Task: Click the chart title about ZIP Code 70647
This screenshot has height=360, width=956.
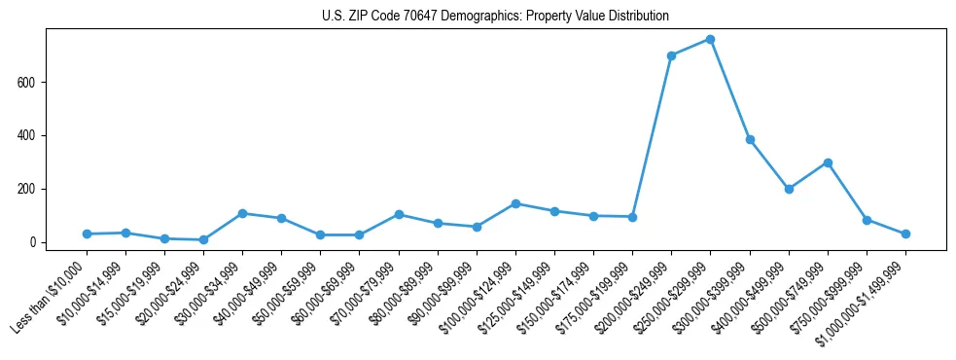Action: tap(495, 17)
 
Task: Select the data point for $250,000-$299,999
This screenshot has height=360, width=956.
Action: tap(710, 40)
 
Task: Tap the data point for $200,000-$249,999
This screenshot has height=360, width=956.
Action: tap(671, 55)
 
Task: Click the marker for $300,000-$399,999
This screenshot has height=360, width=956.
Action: tap(750, 139)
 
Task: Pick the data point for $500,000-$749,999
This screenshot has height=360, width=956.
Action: tap(828, 162)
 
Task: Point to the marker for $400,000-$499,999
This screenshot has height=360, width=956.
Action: tap(789, 189)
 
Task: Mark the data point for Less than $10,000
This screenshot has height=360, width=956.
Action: tap(87, 234)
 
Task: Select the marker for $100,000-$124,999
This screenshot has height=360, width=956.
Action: tap(515, 203)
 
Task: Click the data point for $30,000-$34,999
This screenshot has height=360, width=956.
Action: tap(242, 213)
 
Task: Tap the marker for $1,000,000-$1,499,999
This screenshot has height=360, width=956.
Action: tap(905, 234)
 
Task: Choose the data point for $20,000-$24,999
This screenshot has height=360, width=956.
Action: tap(203, 239)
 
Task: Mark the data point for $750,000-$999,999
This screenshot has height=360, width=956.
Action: tap(867, 220)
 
